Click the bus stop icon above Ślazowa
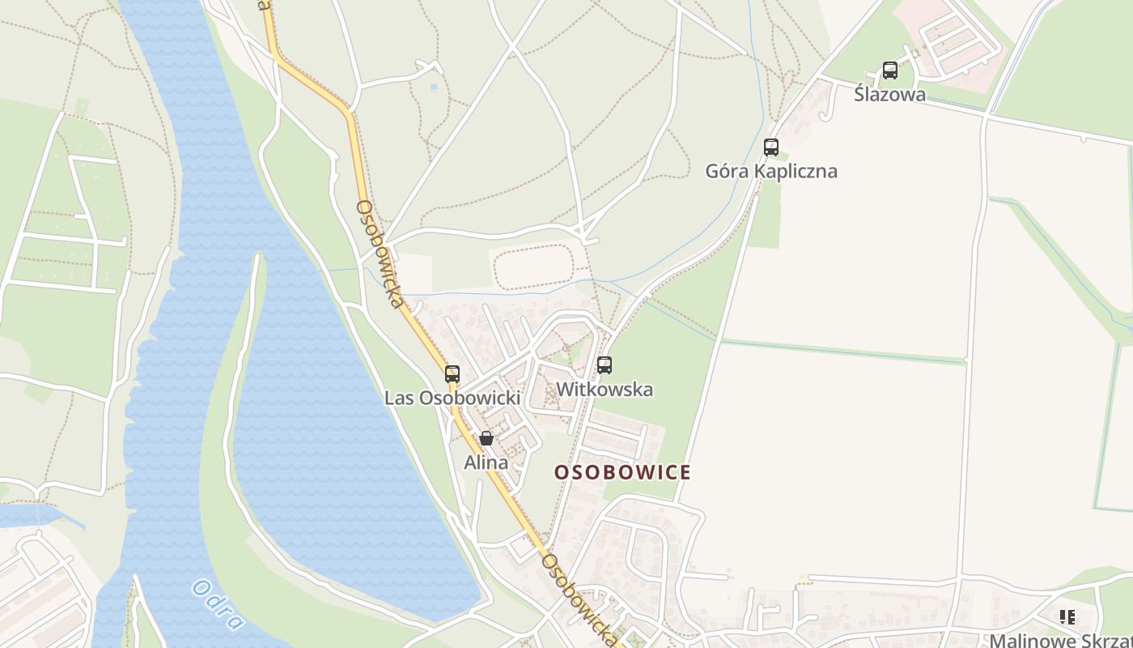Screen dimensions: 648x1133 pos(889,70)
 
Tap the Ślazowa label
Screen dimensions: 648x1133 pos(889,94)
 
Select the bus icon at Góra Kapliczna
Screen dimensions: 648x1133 pos(771,147)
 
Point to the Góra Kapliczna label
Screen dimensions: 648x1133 pos(771,171)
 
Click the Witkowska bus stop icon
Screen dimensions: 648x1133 pos(605,365)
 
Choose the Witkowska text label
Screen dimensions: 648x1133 pos(605,390)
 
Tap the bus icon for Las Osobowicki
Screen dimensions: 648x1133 pos(452,374)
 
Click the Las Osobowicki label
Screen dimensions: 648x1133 pos(452,398)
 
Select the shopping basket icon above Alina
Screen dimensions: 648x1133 pos(486,439)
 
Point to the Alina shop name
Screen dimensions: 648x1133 pos(486,463)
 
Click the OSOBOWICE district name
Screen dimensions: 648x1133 pos(622,472)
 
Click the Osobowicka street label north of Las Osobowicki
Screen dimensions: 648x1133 pos(380,254)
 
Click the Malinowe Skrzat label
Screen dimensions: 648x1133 pos(1060,640)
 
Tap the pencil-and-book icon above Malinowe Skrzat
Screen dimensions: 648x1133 pos(1067,617)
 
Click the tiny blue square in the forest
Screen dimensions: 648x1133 pos(434,87)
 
